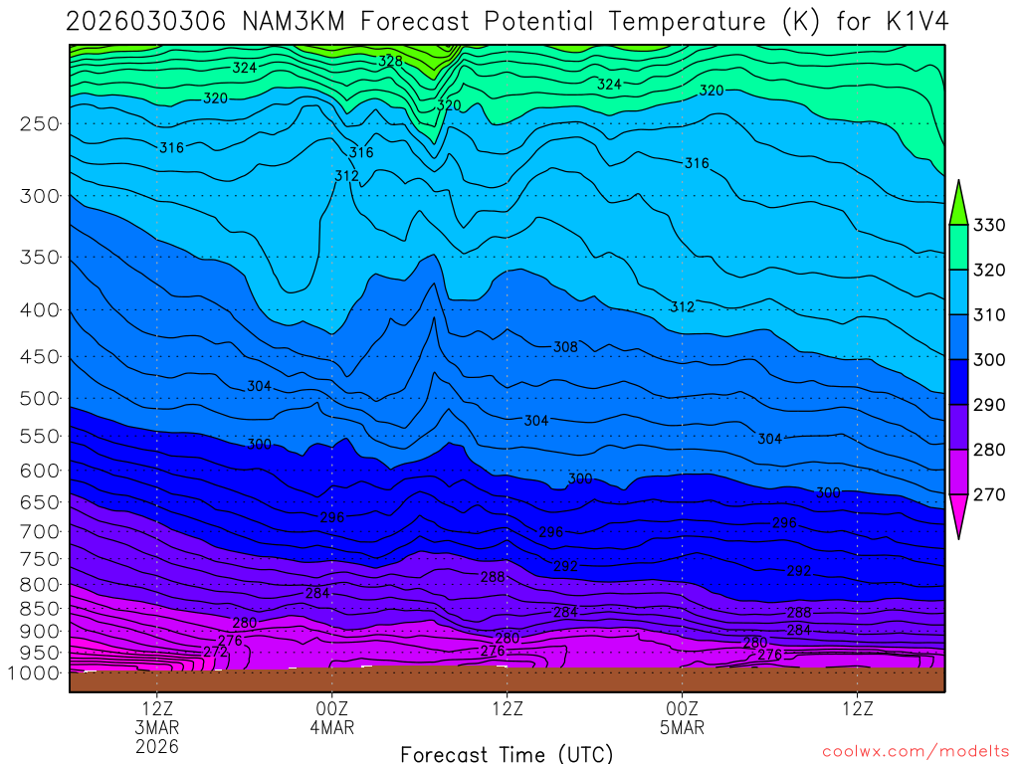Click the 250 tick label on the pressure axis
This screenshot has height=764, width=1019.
point(41,123)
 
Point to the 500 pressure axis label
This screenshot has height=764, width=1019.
point(41,398)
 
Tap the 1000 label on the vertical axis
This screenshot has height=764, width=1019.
point(36,672)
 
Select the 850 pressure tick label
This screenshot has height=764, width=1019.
point(41,608)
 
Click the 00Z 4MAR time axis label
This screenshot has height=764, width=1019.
point(331,717)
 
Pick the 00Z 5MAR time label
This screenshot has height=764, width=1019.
point(682,717)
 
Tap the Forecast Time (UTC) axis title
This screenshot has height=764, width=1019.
point(507,753)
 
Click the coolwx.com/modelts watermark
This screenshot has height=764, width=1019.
point(915,751)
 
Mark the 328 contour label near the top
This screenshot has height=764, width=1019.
point(390,62)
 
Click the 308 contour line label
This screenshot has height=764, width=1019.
point(565,347)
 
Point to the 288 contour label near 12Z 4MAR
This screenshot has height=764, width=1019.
point(493,576)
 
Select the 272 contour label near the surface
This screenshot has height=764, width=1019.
point(214,652)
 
